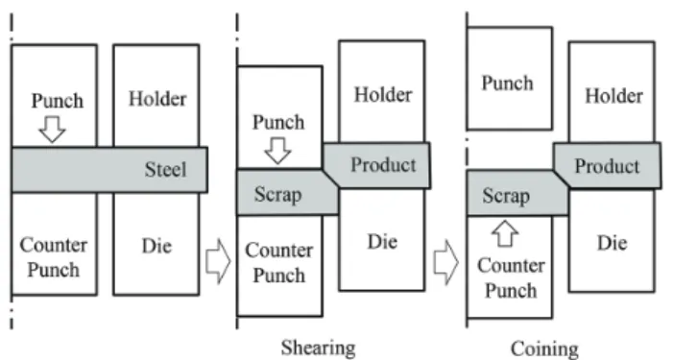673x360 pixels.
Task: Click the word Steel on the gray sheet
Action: (166, 170)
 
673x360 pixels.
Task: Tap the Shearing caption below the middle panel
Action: (318, 348)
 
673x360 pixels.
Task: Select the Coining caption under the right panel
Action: (544, 349)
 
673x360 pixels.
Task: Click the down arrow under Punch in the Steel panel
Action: (52, 130)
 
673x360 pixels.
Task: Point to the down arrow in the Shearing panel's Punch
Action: (277, 151)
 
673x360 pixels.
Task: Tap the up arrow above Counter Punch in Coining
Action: (505, 234)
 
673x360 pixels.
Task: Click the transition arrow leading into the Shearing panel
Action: (218, 261)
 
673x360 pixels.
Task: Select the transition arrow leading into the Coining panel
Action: (446, 262)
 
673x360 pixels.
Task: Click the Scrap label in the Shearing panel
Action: (277, 194)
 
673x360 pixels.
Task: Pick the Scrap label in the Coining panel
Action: (506, 196)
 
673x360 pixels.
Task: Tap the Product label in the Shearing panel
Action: (383, 165)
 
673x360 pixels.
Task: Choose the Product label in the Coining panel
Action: (608, 166)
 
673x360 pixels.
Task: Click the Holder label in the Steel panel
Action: (157, 99)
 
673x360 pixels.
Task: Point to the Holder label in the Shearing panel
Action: (383, 95)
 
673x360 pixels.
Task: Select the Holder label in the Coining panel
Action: (614, 96)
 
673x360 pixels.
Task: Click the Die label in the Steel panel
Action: (156, 246)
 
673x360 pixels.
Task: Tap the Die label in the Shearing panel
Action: (382, 242)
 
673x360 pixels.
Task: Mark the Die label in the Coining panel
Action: (613, 243)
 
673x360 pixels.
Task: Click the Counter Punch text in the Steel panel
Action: (54, 257)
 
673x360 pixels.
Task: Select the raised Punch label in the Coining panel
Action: (507, 84)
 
